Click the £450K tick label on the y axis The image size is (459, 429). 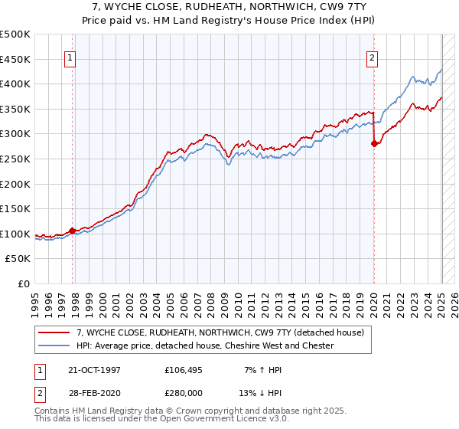15,59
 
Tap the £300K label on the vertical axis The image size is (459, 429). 15,134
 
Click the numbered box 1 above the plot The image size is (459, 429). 70,57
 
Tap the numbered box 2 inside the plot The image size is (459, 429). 373,57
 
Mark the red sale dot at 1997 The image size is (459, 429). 73,230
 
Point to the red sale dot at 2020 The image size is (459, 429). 374,143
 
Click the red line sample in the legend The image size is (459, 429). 54,332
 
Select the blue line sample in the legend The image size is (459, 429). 54,345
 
